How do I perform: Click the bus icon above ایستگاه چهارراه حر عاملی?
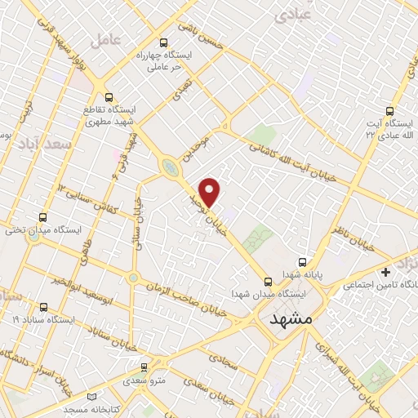(163, 43)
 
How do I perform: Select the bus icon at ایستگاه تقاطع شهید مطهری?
(109, 96)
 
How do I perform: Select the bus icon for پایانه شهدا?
(303, 263)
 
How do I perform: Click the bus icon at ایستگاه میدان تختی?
(42, 218)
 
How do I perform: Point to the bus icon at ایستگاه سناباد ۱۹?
(42, 307)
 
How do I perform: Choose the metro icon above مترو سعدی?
(144, 367)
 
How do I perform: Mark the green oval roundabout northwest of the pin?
(170, 167)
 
